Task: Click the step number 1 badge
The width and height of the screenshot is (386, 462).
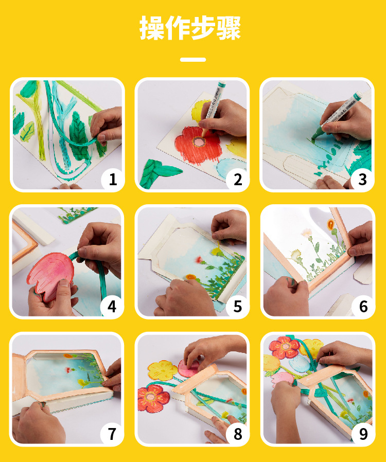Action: (x=113, y=179)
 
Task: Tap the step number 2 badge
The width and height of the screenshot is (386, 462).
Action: (x=237, y=179)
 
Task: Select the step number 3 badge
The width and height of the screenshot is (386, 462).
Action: (x=362, y=179)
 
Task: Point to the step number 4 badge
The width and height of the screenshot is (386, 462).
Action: (x=112, y=307)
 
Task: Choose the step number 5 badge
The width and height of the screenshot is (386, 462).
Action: (x=237, y=307)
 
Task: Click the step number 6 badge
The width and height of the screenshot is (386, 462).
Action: (x=363, y=307)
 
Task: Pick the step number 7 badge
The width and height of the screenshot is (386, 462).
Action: (x=112, y=434)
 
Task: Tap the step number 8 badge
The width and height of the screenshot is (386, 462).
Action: (x=237, y=434)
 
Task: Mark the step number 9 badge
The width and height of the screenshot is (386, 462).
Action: (x=363, y=434)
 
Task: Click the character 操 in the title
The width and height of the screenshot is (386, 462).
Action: (x=152, y=28)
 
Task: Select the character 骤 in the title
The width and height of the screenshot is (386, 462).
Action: (x=229, y=28)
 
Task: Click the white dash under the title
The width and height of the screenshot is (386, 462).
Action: (x=193, y=60)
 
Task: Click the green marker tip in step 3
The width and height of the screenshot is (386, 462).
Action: (x=315, y=134)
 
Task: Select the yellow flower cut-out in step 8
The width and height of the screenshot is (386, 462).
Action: (x=163, y=370)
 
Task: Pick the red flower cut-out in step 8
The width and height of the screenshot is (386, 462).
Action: (x=153, y=398)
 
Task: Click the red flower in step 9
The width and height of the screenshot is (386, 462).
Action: (x=284, y=347)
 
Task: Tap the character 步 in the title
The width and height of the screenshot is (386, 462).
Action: (x=203, y=28)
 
